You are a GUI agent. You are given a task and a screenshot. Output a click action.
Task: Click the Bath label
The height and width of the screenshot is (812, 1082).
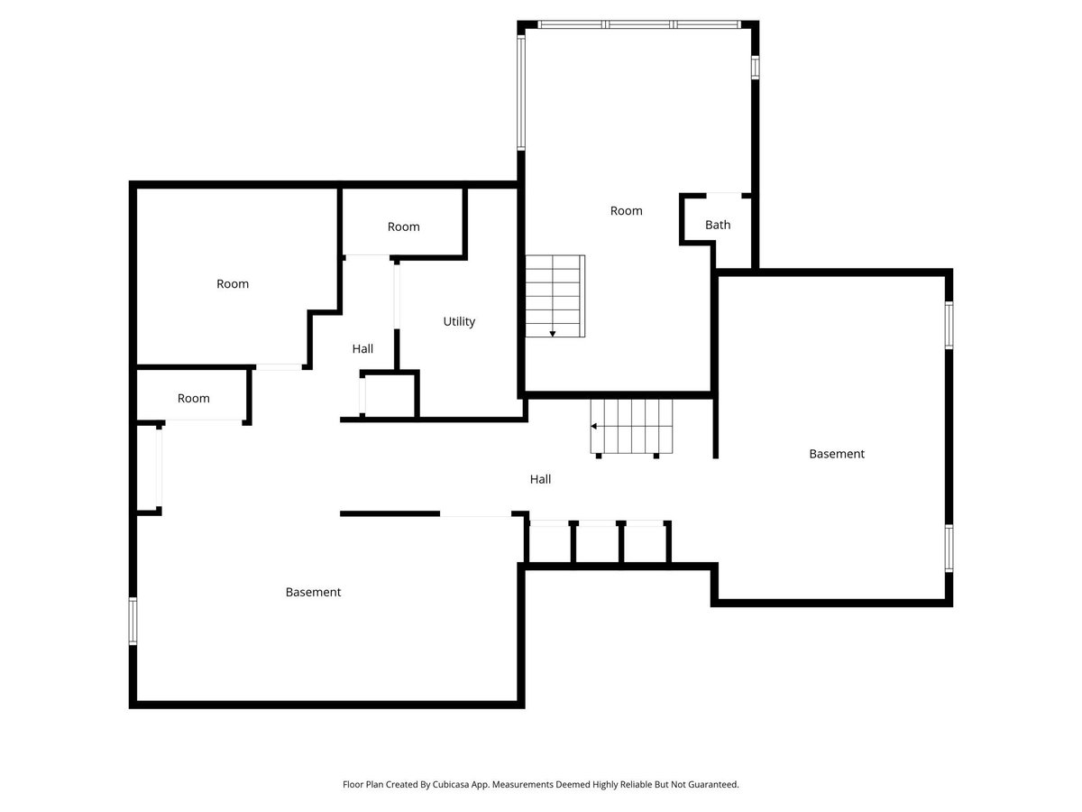click(x=718, y=225)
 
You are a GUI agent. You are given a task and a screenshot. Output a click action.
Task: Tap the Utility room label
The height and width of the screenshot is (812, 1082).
click(x=459, y=321)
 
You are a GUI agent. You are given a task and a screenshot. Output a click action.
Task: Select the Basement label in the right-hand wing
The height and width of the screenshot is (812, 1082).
click(x=836, y=454)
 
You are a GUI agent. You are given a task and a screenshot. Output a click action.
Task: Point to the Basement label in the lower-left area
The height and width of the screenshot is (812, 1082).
click(x=313, y=592)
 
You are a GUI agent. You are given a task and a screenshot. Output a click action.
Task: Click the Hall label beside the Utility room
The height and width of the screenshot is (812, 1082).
click(x=362, y=348)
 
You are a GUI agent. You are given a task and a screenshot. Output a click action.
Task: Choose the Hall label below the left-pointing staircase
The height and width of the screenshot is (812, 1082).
click(x=540, y=479)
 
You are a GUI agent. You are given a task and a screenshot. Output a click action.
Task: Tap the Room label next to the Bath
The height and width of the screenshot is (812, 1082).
click(x=626, y=210)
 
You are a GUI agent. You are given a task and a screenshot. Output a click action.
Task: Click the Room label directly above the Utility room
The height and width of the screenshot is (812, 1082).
click(x=403, y=226)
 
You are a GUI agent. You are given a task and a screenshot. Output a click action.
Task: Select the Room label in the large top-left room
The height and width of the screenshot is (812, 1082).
click(x=232, y=283)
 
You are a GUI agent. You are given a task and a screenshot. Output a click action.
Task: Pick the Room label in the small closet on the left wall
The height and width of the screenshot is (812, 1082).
click(x=193, y=398)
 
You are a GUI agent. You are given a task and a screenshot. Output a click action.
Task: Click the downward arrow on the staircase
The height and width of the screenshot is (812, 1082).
click(x=553, y=333)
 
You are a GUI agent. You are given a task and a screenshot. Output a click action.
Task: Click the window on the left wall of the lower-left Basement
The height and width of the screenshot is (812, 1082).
click(x=133, y=621)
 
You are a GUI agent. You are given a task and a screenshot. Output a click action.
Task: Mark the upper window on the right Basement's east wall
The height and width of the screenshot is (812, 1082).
click(x=949, y=325)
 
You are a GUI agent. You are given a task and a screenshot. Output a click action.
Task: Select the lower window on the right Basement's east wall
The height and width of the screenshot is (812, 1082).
click(x=949, y=549)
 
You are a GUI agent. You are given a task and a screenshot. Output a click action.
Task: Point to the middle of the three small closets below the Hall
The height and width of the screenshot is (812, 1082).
click(x=597, y=543)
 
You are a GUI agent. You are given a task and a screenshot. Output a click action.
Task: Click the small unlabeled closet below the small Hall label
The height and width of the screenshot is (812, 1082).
click(x=390, y=395)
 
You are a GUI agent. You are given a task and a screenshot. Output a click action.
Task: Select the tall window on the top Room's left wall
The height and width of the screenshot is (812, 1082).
click(x=520, y=92)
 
